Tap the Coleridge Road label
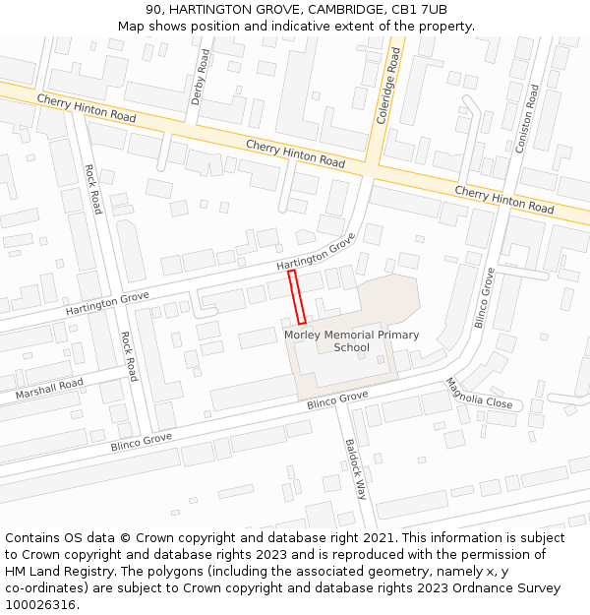pyautogui.click(x=388, y=88)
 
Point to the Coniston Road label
pyautogui.click(x=526, y=118)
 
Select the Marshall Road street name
pyautogui.click(x=49, y=389)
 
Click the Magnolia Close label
pyautogui.click(x=479, y=394)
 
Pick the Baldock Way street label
pyautogui.click(x=355, y=467)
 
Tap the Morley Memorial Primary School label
pyautogui.click(x=351, y=340)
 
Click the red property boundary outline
pyautogui.click(x=297, y=297)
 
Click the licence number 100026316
pyautogui.click(x=39, y=605)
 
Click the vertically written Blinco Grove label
pyautogui.click(x=484, y=298)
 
